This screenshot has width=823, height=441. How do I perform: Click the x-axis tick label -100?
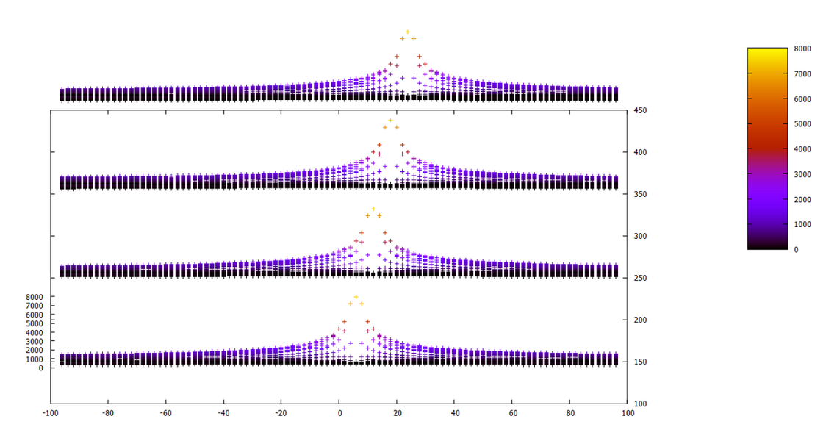point(50,413)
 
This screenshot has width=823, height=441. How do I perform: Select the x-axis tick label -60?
point(165,413)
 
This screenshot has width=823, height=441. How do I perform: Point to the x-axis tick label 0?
point(339,413)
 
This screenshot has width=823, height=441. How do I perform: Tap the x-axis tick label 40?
point(455,413)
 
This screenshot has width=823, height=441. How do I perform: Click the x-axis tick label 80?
point(570,413)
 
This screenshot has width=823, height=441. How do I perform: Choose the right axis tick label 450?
point(640,110)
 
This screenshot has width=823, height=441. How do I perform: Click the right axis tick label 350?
point(640,194)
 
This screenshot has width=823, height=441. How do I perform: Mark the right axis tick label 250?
point(640,278)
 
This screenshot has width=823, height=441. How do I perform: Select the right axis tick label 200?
point(640,320)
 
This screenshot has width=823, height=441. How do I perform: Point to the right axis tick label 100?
point(640,404)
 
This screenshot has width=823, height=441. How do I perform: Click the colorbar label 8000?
point(802,49)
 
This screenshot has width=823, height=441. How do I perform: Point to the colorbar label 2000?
point(802,199)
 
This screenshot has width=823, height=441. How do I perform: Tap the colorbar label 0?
point(796,250)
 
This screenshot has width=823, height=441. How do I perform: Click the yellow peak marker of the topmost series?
point(408,32)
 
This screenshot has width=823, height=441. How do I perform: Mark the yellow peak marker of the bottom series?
point(356,297)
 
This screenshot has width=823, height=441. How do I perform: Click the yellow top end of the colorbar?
point(767,51)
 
